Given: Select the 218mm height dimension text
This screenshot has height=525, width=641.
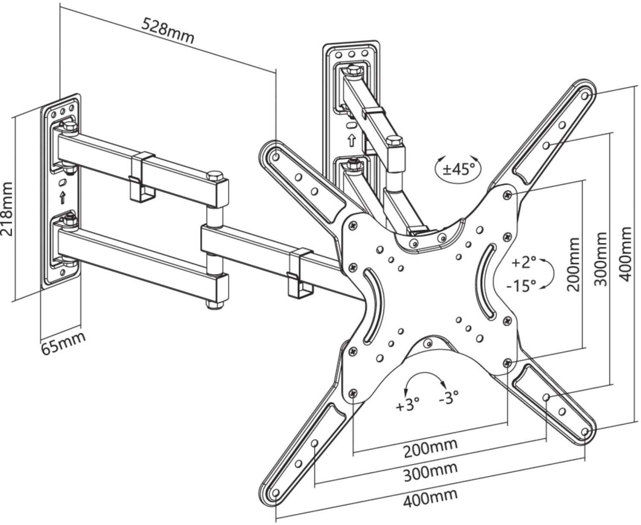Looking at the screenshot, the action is (7, 209).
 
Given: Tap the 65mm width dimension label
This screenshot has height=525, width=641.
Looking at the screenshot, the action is (63, 343).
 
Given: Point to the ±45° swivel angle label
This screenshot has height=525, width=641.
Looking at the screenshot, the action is (459, 169).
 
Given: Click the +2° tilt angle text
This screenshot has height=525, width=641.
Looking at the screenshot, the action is (523, 262).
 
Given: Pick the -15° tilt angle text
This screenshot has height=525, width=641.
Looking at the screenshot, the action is (521, 285).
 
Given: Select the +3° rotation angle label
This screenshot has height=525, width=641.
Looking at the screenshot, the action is (408, 405).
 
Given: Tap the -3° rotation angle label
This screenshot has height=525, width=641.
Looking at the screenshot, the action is (449, 397).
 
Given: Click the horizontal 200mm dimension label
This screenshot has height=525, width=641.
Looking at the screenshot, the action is (430, 448).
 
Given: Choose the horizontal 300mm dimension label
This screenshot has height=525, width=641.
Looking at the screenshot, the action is (430, 472).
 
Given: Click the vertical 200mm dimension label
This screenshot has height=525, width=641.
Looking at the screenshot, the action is (573, 264).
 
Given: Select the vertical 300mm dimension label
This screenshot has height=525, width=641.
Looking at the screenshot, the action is (600, 259).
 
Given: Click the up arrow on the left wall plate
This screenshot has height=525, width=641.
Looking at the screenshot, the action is (63, 197).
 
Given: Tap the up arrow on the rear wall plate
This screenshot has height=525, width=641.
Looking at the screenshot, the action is (351, 141).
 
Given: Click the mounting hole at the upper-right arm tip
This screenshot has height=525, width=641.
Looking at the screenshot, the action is (585, 96).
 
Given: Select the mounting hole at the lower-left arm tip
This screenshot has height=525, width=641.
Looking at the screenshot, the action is (276, 493).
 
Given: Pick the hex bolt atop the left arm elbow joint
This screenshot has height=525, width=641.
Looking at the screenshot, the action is (215, 176).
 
